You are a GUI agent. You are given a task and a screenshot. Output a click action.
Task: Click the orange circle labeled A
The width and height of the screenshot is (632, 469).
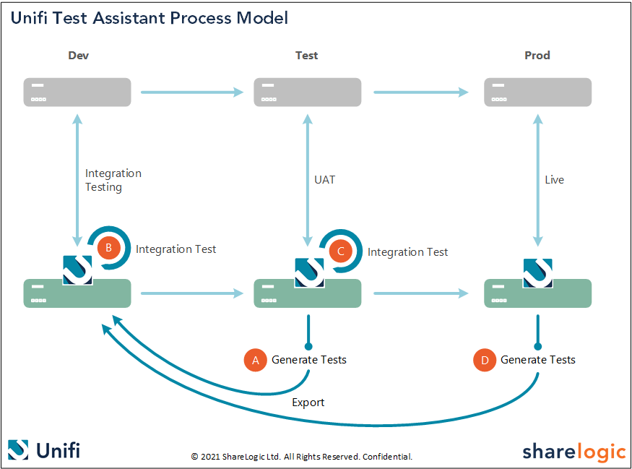click(x=256, y=360)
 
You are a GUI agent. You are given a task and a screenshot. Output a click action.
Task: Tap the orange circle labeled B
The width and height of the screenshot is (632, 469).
click(x=108, y=249)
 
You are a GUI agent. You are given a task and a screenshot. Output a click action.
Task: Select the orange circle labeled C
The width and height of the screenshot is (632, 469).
click(x=340, y=251)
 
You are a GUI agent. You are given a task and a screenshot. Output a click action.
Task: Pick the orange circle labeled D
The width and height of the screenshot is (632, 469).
click(x=485, y=360)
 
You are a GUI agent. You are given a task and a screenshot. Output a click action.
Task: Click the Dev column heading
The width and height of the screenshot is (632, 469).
click(x=78, y=56)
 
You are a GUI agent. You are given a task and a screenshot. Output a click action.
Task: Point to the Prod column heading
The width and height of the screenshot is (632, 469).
click(x=537, y=56)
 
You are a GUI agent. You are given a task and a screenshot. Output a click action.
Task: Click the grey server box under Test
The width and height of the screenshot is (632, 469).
click(x=307, y=92)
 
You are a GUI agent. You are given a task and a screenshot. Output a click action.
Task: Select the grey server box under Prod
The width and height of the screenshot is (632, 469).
click(x=537, y=92)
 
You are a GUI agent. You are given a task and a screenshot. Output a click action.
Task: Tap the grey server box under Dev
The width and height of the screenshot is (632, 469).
click(x=77, y=92)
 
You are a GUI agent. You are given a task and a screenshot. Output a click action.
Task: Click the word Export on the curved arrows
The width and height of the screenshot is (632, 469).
click(x=308, y=403)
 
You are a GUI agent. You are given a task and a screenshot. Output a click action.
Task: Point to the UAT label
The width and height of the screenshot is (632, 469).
click(x=325, y=180)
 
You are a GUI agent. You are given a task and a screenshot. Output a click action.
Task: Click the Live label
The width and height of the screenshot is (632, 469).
click(x=554, y=180)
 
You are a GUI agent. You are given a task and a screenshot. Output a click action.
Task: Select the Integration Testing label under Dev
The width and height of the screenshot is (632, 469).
click(x=113, y=180)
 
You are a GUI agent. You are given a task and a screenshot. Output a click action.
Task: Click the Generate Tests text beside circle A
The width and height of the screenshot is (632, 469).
click(x=309, y=360)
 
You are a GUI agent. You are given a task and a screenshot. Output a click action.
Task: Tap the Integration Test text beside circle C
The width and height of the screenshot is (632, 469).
click(x=407, y=252)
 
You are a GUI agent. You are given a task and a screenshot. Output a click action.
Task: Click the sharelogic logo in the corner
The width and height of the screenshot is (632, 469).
click(x=573, y=452)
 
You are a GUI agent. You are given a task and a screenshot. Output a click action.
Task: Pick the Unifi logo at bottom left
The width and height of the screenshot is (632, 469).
click(x=44, y=450)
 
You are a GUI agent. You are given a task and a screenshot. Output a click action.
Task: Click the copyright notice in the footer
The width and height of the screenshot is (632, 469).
click(x=301, y=457)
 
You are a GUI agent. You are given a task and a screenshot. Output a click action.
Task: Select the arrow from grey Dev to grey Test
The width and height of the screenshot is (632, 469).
click(x=192, y=92)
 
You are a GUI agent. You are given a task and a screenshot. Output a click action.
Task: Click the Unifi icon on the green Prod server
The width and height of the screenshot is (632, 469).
click(x=538, y=272)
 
